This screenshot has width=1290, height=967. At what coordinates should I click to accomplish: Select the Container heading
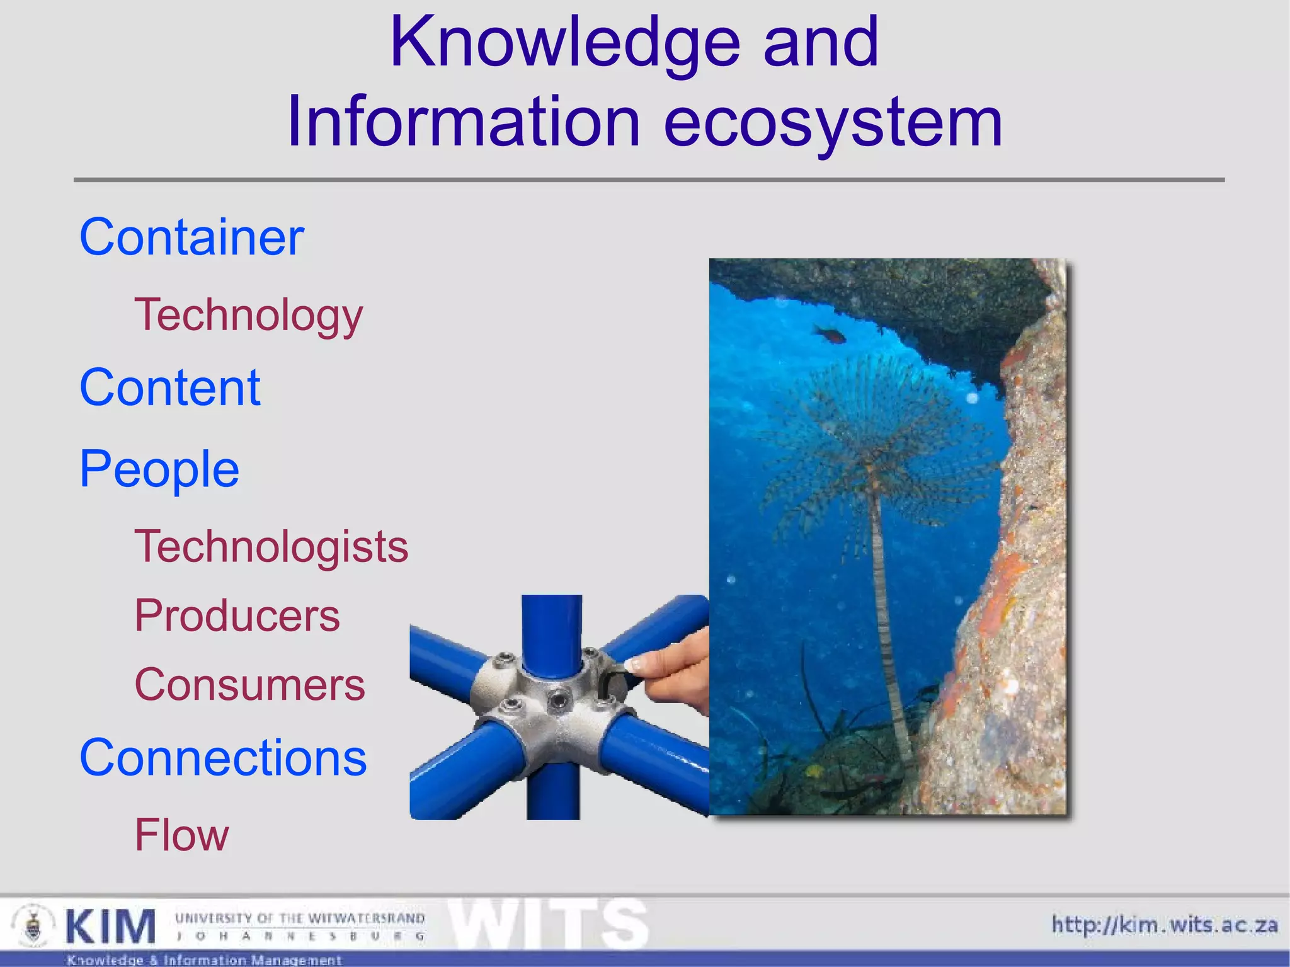[x=191, y=237]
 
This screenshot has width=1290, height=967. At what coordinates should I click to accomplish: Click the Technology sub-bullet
[x=249, y=315]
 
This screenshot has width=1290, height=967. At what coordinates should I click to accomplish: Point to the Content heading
[x=169, y=387]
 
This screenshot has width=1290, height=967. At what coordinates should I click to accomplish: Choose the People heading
[x=159, y=469]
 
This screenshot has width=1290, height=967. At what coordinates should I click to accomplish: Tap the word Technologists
[x=271, y=546]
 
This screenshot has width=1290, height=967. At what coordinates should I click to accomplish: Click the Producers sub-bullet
[x=237, y=615]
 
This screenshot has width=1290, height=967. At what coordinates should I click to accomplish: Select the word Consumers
[x=250, y=685]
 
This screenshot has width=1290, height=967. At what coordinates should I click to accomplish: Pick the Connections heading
[x=223, y=758]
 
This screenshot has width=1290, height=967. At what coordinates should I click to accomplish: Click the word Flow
[x=182, y=835]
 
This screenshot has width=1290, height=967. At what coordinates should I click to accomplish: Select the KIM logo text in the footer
[x=111, y=926]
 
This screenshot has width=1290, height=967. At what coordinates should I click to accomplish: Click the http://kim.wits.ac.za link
[x=1165, y=925]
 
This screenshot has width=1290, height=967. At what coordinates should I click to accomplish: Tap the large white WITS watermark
[x=548, y=924]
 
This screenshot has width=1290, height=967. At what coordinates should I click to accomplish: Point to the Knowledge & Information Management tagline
[x=204, y=960]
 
